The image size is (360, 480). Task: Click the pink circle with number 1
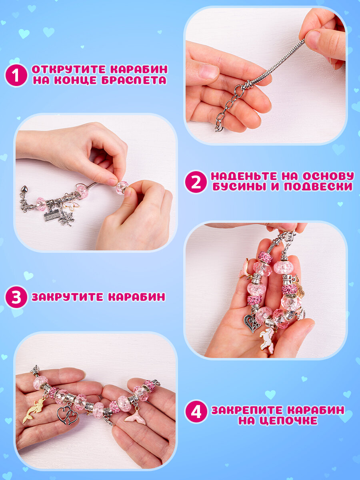(16, 75)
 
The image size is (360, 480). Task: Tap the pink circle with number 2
(196, 182)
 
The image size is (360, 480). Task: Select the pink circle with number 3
(16, 297)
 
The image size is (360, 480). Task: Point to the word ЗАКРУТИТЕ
(68, 297)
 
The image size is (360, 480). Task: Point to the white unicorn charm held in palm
(267, 339)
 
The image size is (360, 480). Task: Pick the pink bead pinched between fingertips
(122, 188)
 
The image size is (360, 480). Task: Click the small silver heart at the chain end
(24, 189)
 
